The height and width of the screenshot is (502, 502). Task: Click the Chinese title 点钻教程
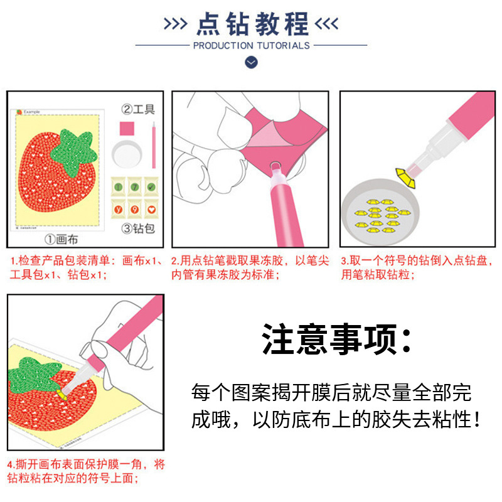(x=253, y=24)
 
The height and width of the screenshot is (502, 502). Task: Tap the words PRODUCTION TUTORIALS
(x=252, y=46)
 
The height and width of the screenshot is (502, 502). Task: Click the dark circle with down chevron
(x=252, y=62)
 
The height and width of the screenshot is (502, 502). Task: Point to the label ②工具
(x=138, y=109)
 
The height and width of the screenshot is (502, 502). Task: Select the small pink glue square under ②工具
(x=127, y=129)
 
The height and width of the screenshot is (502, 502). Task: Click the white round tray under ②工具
(x=127, y=154)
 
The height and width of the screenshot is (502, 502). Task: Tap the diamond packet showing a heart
(x=151, y=209)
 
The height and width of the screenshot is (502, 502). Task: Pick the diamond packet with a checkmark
(x=151, y=186)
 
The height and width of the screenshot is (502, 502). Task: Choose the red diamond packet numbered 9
(x=135, y=209)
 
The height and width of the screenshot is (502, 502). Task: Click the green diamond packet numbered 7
(x=135, y=186)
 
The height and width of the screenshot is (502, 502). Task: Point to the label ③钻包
(x=138, y=228)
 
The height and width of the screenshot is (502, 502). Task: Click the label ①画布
(x=61, y=239)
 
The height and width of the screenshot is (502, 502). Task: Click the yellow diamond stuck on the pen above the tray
(x=405, y=178)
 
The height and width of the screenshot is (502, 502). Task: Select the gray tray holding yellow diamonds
(x=380, y=212)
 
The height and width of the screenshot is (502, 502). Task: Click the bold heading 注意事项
(x=337, y=339)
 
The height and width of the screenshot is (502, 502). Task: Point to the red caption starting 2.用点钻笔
(x=250, y=268)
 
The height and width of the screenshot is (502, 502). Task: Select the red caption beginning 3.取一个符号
(x=417, y=268)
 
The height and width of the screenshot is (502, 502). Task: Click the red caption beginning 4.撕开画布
(x=86, y=471)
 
